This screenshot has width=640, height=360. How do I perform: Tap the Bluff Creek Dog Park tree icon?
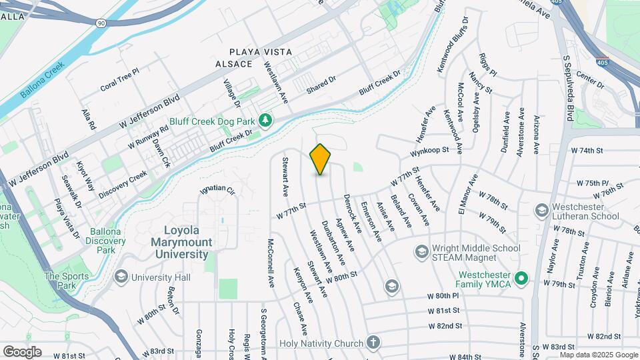click(x=266, y=119)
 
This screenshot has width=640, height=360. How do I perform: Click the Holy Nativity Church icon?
click(x=373, y=343)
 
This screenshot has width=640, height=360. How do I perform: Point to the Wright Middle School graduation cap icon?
click(x=421, y=251)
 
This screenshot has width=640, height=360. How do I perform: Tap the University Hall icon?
click(x=121, y=277)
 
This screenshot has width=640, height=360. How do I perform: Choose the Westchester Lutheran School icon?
click(x=541, y=211)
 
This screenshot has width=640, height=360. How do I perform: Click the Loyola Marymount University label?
click(x=182, y=241)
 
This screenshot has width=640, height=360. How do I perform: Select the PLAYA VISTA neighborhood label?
click(x=261, y=51)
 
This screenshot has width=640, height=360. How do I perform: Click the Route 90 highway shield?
click(x=100, y=23)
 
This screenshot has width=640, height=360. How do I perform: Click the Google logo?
click(x=22, y=351)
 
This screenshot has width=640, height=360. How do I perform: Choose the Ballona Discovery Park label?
click(x=101, y=241)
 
